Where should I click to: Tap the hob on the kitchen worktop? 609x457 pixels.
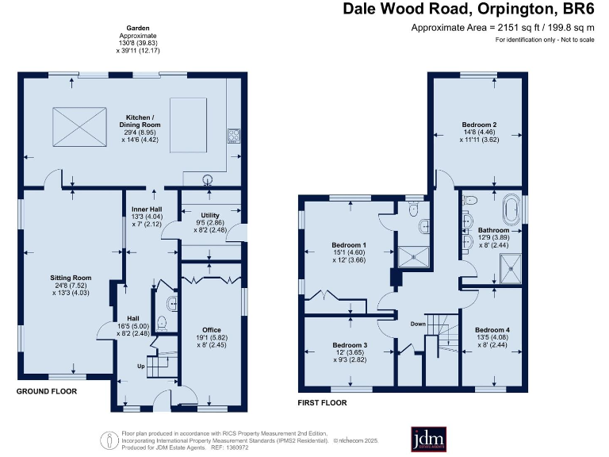pos(234,134)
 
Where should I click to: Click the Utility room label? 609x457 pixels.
pos(209,215)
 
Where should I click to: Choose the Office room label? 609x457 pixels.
pos(211,329)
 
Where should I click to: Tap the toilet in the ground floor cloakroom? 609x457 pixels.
pos(163,322)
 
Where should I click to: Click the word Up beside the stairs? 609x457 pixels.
pos(141,367)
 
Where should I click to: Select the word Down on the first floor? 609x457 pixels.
pos(419,324)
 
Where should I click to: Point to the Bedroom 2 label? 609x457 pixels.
pos(480,125)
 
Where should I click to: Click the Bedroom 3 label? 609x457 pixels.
pos(350,345)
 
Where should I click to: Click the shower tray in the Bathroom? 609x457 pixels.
pos(512,267)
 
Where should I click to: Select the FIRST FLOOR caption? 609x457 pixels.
pos(322,402)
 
